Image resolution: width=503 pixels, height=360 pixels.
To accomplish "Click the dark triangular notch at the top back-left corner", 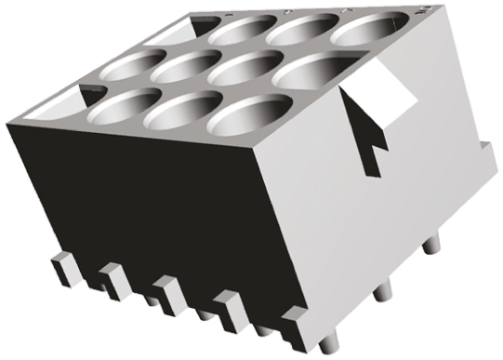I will (x=90, y=90).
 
